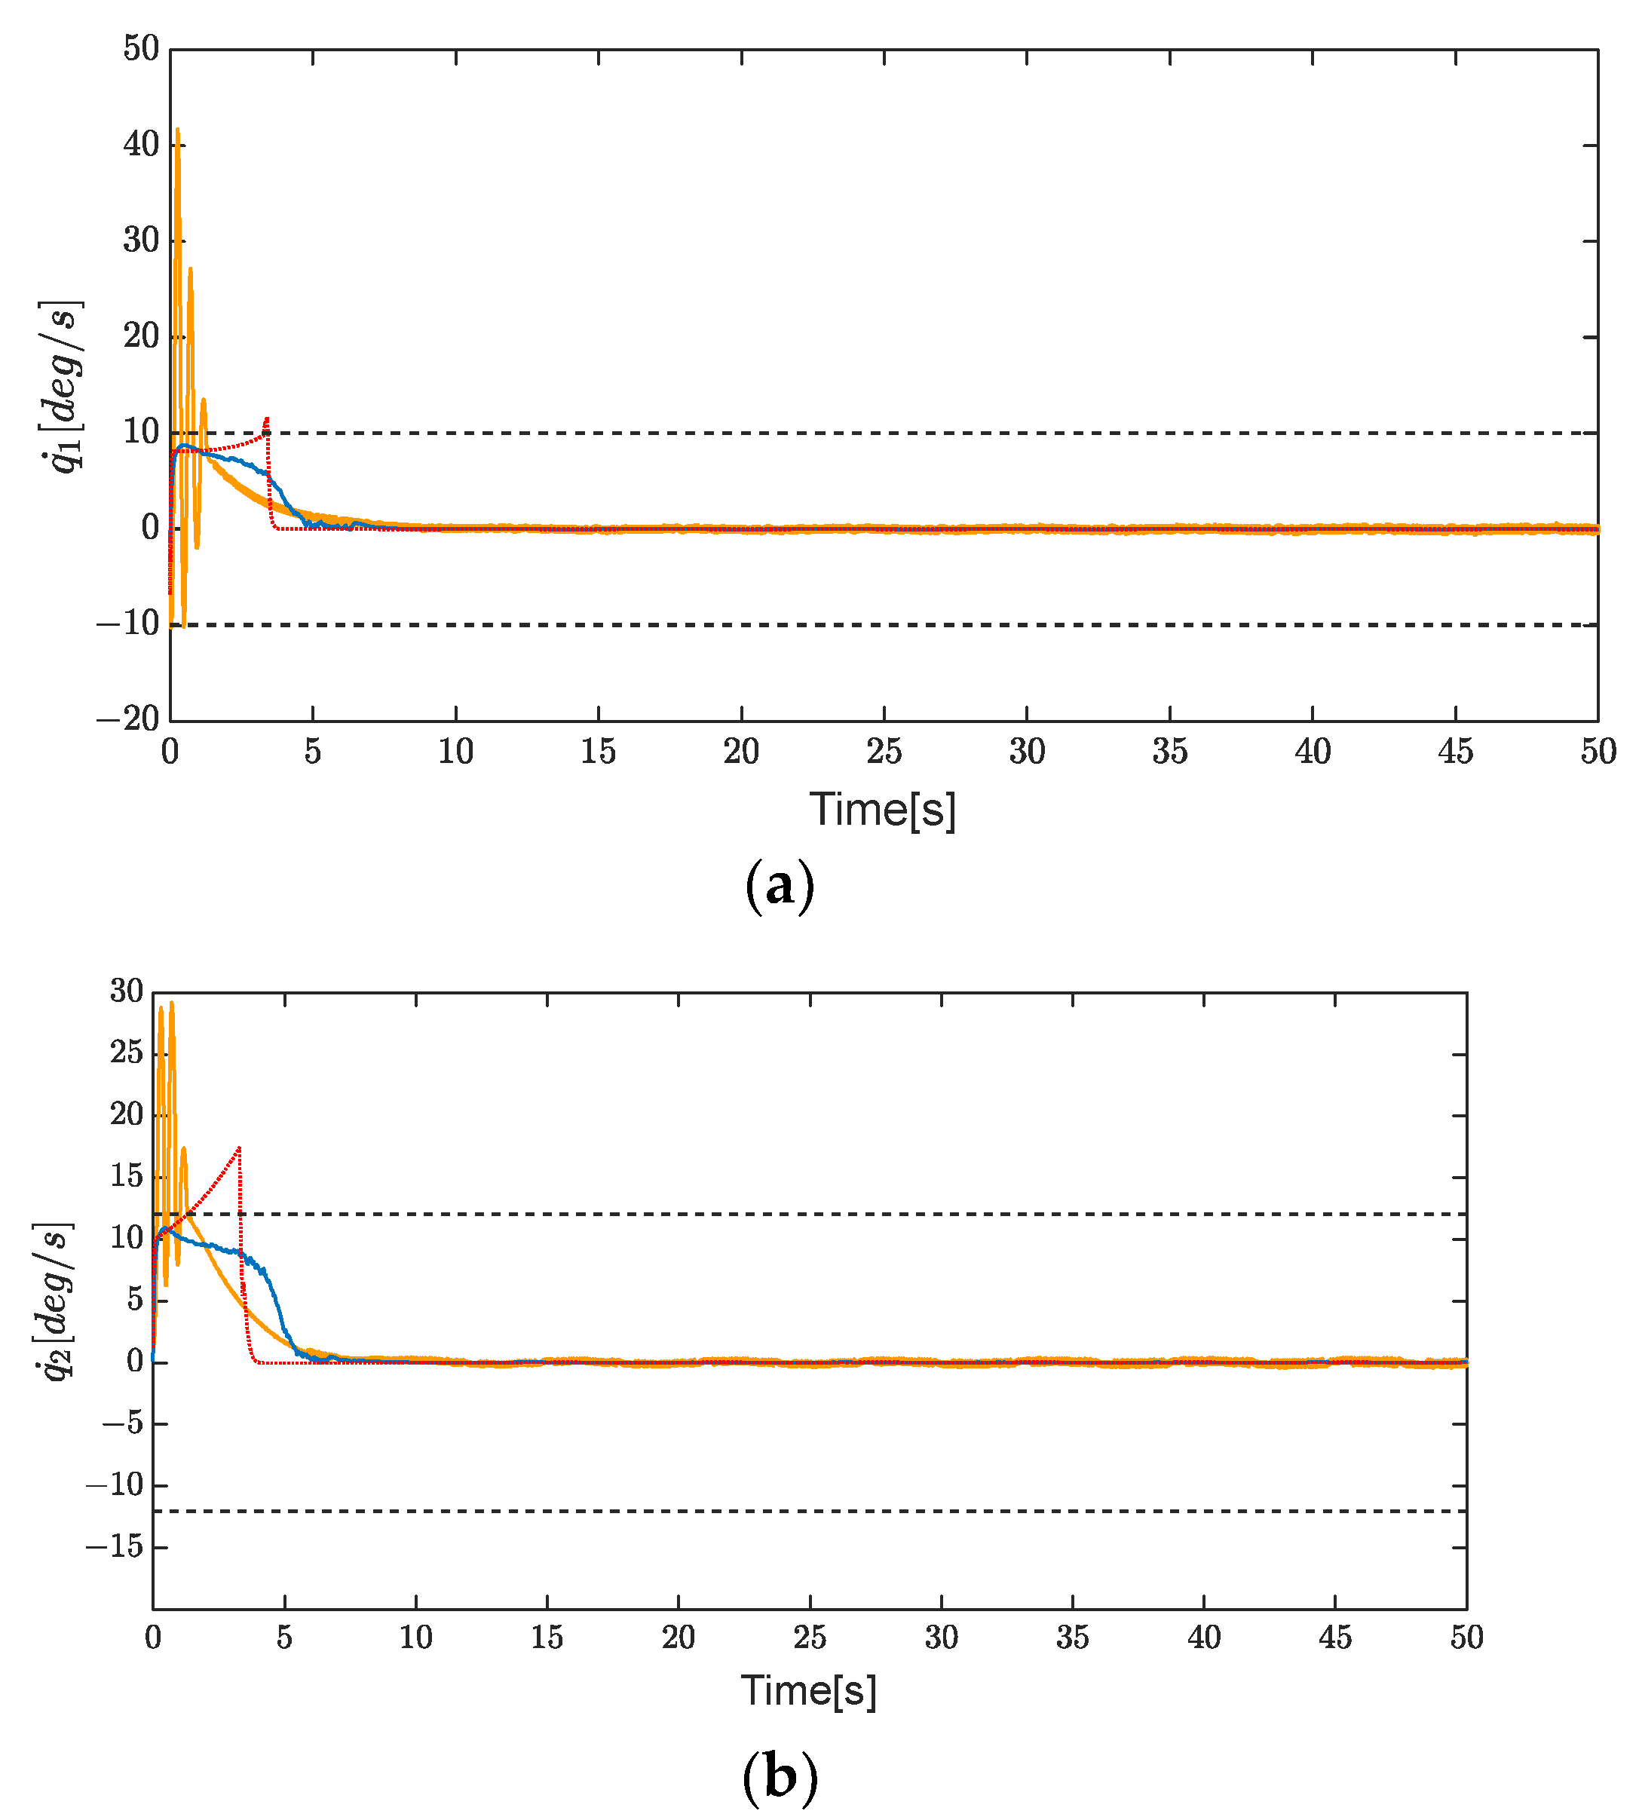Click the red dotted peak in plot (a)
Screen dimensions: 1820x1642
pos(266,418)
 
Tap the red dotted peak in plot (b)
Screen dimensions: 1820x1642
pos(239,1147)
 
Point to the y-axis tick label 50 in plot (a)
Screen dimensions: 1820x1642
pos(142,49)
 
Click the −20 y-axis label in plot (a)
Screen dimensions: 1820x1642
pos(128,719)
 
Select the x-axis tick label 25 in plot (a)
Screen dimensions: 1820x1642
pos(884,752)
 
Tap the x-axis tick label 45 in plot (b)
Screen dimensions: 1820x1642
pos(1334,1637)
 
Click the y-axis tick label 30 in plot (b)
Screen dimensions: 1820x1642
pos(127,991)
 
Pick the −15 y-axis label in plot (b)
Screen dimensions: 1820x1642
pos(115,1546)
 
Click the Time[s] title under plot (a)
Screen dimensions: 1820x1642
pos(881,810)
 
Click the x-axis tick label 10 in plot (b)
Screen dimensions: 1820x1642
pos(416,1637)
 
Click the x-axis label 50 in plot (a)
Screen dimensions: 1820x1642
pos(1597,752)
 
